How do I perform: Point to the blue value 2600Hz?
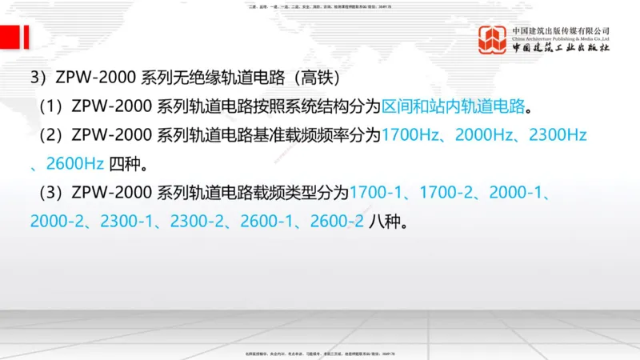(75, 164)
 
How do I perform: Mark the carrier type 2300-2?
(210, 222)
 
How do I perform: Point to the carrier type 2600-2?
(338, 222)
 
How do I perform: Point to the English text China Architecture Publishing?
(561, 38)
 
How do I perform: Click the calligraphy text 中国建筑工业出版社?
(561, 47)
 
